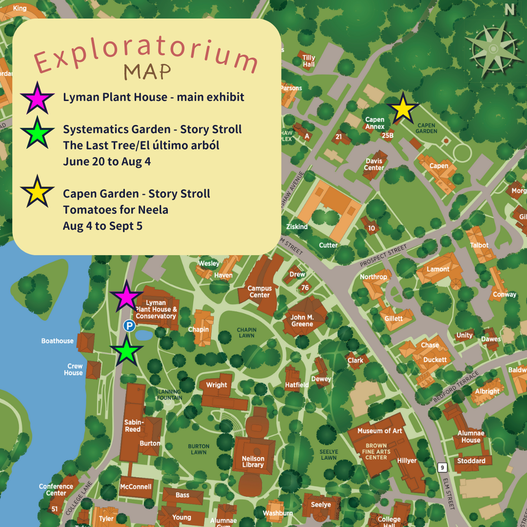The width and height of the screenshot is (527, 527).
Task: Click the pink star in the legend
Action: pyautogui.click(x=38, y=98)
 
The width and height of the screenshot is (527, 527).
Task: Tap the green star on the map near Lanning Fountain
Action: pyautogui.click(x=126, y=350)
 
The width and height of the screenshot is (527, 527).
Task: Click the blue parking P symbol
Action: pyautogui.click(x=128, y=325)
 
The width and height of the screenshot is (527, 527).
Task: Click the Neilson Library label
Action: pyautogui.click(x=253, y=462)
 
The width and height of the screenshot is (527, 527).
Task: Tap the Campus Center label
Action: pyautogui.click(x=260, y=292)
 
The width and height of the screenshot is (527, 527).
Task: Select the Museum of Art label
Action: pyautogui.click(x=380, y=431)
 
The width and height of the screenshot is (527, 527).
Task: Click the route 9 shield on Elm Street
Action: pyautogui.click(x=442, y=468)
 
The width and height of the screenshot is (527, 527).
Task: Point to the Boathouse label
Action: pyautogui.click(x=57, y=341)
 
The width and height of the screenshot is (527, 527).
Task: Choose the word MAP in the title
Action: pyautogui.click(x=147, y=72)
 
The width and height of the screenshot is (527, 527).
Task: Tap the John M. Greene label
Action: pyautogui.click(x=302, y=321)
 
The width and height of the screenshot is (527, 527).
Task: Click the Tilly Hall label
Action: pyautogui.click(x=308, y=61)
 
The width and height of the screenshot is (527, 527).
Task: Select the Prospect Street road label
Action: pyautogui.click(x=383, y=256)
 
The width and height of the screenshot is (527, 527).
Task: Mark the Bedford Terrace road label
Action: pyautogui.click(x=456, y=386)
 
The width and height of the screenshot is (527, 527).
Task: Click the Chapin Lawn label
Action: pyautogui.click(x=246, y=333)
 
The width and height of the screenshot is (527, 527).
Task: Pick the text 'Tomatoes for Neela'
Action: pyautogui.click(x=115, y=210)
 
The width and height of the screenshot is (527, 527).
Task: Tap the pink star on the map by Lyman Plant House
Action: pyautogui.click(x=126, y=296)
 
